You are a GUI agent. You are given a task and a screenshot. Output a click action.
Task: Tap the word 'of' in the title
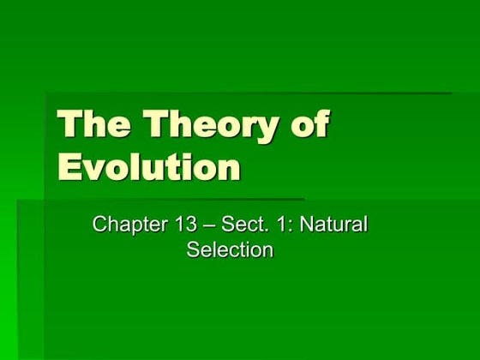click(x=309, y=125)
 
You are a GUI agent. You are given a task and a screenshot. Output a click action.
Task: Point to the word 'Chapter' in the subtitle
click(x=128, y=225)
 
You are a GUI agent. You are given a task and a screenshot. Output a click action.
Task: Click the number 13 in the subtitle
click(x=186, y=225)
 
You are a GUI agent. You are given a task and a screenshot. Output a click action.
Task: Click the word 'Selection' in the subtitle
click(x=230, y=250)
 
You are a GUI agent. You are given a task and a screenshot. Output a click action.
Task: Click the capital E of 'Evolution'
click(x=69, y=165)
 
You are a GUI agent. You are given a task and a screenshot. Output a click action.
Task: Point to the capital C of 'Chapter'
click(x=99, y=225)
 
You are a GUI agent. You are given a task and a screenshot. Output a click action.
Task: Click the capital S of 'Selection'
click(x=194, y=250)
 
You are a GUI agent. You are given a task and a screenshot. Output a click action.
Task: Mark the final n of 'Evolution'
click(x=229, y=169)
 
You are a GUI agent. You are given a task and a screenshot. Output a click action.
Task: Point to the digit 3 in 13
click(x=191, y=225)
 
